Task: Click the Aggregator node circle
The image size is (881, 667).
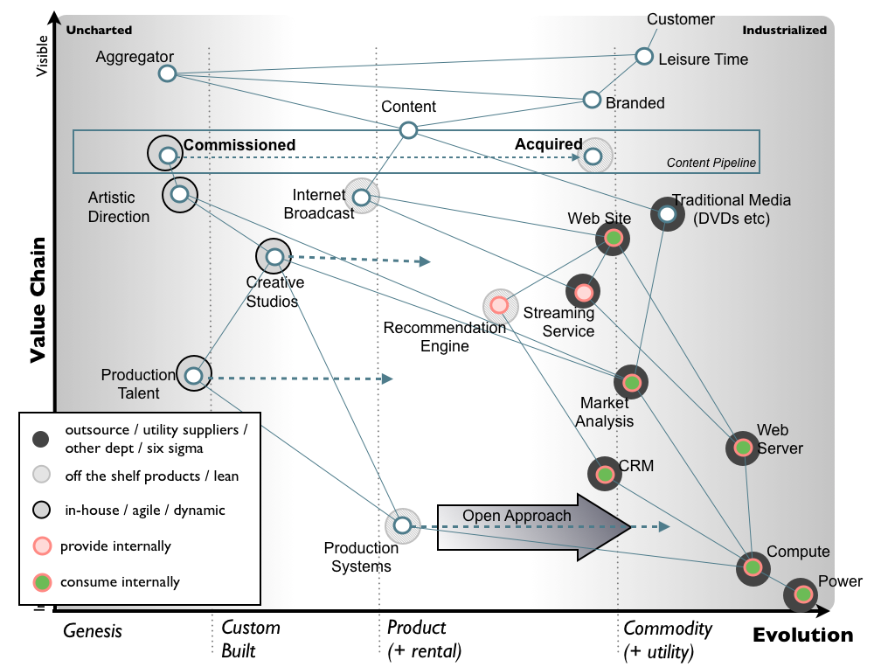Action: [168, 73]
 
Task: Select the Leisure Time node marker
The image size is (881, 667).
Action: [644, 56]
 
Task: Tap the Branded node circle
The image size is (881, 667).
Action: [592, 100]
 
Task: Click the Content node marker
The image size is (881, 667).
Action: [408, 130]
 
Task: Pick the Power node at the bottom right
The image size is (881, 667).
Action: [801, 595]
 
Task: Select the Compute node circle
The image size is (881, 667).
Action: [752, 569]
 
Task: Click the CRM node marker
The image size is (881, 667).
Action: [604, 474]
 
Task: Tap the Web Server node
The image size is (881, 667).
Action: [742, 448]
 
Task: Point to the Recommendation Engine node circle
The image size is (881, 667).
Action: [499, 305]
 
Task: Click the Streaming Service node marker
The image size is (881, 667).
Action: [583, 291]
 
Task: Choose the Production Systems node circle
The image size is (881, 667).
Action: [402, 525]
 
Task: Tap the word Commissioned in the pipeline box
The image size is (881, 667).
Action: [239, 145]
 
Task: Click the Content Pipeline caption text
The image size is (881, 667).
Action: [711, 163]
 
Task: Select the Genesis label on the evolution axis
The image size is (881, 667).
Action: [93, 630]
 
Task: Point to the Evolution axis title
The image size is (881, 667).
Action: [802, 636]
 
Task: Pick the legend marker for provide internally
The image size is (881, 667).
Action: [39, 546]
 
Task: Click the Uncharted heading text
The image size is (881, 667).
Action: [99, 30]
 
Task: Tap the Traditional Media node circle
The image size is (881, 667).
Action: [667, 213]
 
